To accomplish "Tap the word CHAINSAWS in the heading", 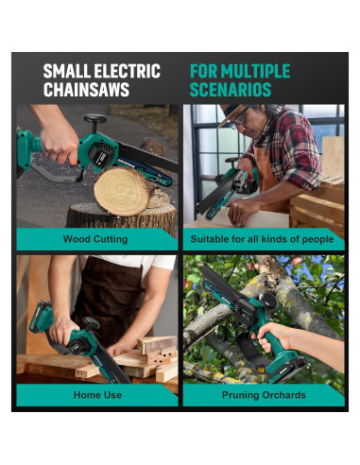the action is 86,89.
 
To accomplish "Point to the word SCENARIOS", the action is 231,89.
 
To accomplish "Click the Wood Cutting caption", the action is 95,239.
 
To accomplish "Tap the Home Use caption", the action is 97,395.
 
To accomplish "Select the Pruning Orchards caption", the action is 264,395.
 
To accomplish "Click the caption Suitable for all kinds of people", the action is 262,239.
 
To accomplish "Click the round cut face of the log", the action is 121,191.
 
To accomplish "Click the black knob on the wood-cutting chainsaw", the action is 94,119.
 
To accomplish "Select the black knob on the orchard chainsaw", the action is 267,301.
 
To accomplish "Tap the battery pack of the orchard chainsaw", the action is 286,370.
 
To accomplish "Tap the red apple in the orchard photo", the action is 297,261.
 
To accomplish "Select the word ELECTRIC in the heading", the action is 128,71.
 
